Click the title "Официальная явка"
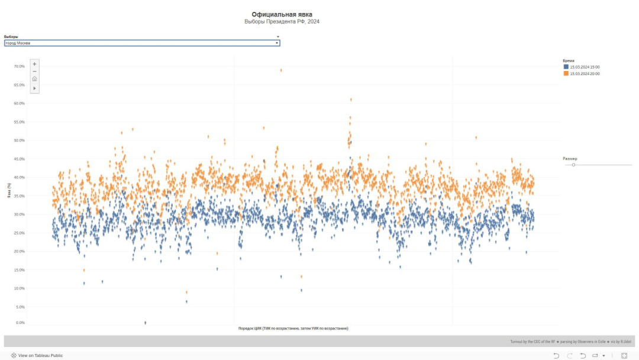tap(282, 14)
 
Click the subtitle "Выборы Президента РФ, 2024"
tap(282, 22)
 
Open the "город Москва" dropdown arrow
tap(277, 43)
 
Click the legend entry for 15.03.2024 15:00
tap(585, 67)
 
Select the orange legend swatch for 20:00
tap(566, 73)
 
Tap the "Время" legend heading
tap(568, 60)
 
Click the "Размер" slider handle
tap(573, 165)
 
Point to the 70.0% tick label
tap(19, 66)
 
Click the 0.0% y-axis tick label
tap(20, 323)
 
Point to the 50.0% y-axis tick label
tap(19, 140)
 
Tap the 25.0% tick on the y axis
tap(19, 233)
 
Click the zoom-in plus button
tap(34, 64)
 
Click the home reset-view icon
tap(34, 79)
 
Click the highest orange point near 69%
tap(281, 70)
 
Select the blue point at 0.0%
tap(145, 323)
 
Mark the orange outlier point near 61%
tap(351, 99)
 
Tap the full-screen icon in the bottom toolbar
tap(624, 356)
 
